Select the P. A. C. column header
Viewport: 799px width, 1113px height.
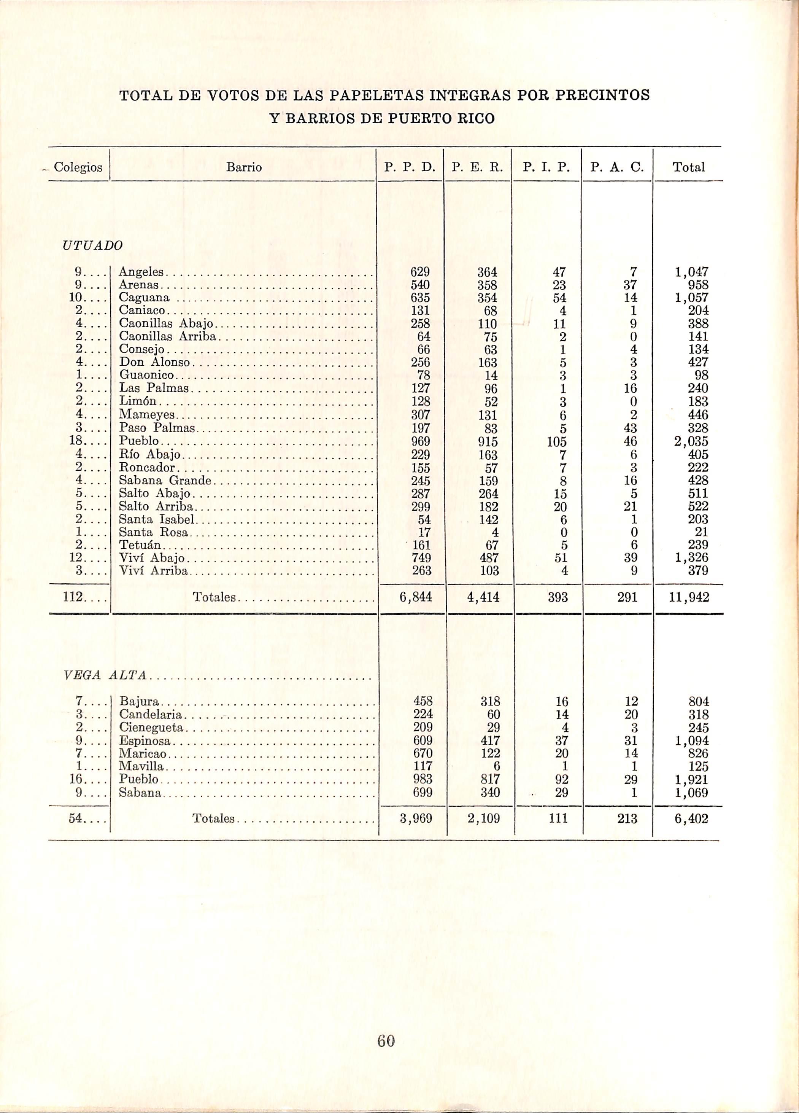click(616, 168)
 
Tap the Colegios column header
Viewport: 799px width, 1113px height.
click(78, 168)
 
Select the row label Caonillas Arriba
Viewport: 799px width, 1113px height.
click(168, 337)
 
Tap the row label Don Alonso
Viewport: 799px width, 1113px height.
click(154, 363)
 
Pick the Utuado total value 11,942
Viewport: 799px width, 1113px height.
click(689, 597)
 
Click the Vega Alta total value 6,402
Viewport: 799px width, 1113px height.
click(691, 818)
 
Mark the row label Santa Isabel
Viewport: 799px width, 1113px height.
click(157, 519)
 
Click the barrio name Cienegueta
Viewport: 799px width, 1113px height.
click(151, 727)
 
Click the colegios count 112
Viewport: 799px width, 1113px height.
click(73, 597)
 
